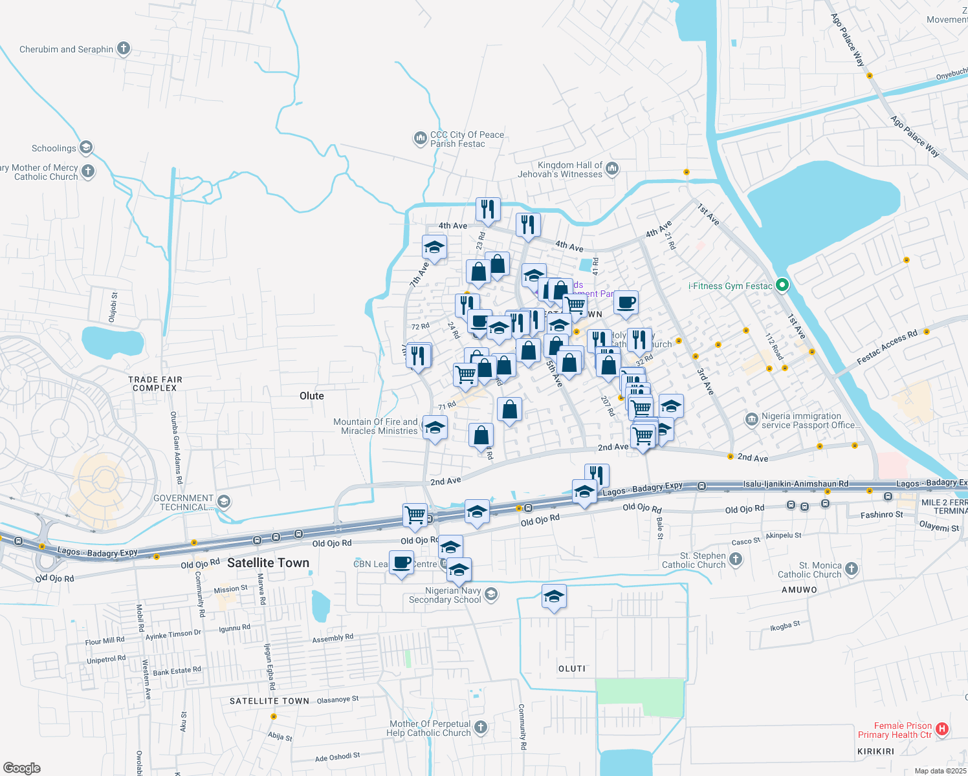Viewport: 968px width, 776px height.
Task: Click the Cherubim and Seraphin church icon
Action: click(123, 48)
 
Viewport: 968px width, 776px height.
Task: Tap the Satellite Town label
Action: click(268, 563)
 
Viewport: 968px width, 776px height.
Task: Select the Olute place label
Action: click(311, 396)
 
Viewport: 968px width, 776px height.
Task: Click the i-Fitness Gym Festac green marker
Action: click(782, 285)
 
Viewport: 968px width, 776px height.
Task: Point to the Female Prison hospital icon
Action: click(941, 729)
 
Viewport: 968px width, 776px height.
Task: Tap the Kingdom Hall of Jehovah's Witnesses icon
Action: click(612, 169)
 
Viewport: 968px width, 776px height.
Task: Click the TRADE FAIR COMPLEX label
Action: click(155, 383)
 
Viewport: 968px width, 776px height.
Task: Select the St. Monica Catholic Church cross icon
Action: click(852, 569)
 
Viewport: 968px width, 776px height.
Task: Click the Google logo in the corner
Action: click(21, 768)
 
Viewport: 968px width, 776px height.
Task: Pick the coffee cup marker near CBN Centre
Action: click(401, 562)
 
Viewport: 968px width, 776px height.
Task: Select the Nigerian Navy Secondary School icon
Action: click(491, 594)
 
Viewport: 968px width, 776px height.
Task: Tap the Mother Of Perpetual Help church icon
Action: click(480, 727)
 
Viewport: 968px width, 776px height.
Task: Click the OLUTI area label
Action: click(571, 669)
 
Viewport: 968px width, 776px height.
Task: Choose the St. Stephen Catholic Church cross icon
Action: click(736, 559)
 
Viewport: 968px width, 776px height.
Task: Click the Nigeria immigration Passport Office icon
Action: click(751, 420)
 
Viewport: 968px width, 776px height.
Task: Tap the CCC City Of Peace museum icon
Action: click(420, 138)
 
